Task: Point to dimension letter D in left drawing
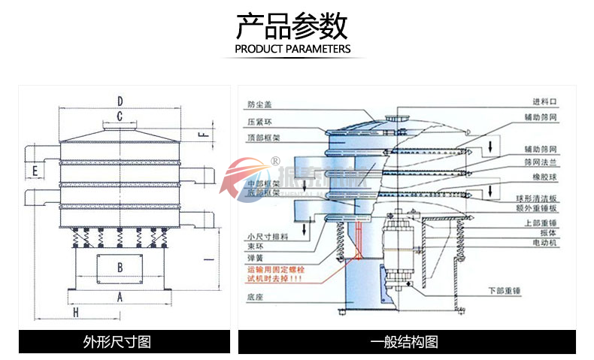120,100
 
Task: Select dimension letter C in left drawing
119,116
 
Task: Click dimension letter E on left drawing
35,172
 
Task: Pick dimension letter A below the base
119,296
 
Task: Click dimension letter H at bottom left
75,311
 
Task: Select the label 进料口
543,101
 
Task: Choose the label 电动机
543,244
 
